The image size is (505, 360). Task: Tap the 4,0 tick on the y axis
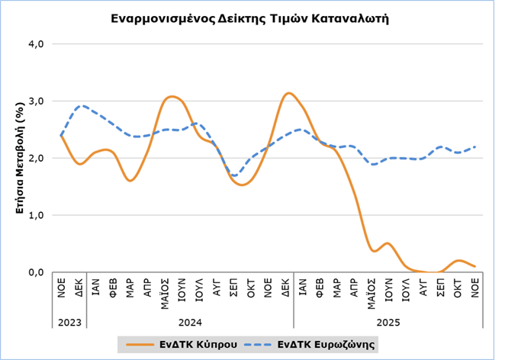(37, 43)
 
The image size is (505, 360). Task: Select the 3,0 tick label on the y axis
(37, 101)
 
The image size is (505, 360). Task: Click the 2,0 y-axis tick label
(37, 158)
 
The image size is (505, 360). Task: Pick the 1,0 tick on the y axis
(37, 215)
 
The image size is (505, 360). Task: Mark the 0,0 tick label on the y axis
(37, 272)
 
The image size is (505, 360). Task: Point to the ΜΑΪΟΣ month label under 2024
(164, 293)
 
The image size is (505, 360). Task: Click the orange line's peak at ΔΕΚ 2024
(288, 93)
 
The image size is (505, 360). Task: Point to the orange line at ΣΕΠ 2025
(441, 272)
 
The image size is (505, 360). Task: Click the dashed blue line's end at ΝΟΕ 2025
(475, 146)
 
